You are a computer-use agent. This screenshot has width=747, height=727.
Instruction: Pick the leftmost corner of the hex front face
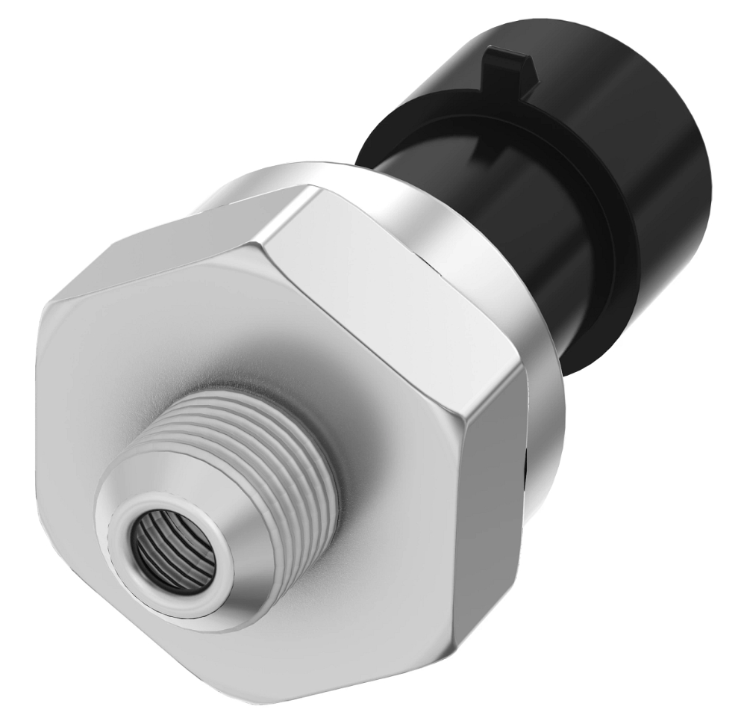point(41,314)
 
